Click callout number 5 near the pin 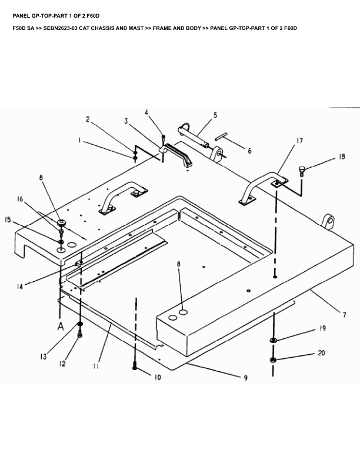coord(215,115)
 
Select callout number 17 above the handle coord(299,141)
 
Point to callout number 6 coord(249,151)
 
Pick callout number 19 coord(322,329)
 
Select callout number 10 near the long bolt coord(157,378)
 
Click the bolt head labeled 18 coord(302,171)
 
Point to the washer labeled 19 coord(274,340)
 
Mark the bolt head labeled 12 coord(81,334)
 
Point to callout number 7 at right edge coord(344,315)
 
